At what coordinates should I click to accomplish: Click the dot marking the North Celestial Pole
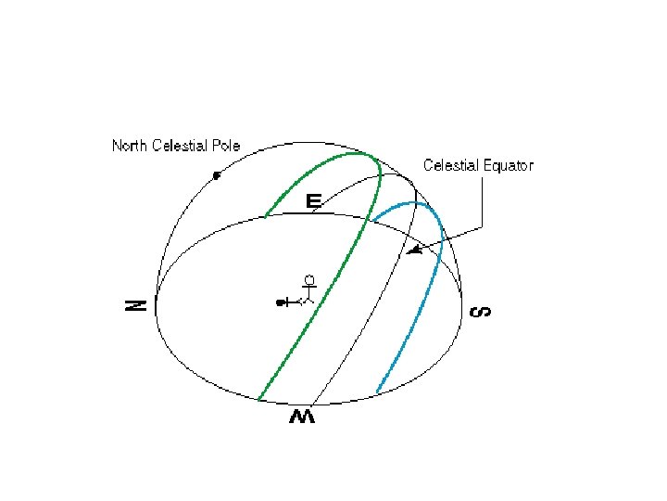point(216,174)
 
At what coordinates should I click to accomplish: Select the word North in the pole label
point(130,146)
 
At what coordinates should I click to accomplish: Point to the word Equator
point(509,165)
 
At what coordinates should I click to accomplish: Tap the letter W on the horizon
point(302,417)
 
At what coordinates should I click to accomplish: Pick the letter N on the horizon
point(136,304)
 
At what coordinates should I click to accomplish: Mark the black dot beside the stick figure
point(279,302)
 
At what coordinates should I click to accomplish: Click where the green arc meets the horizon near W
point(258,400)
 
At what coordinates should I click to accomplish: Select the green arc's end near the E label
point(266,216)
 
